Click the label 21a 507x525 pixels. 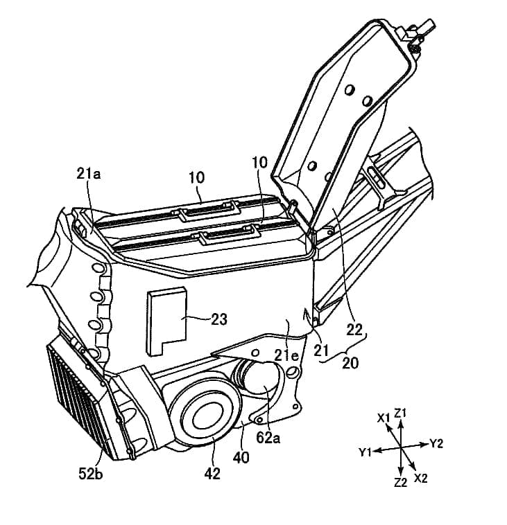[89, 174]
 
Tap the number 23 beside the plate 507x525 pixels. [218, 319]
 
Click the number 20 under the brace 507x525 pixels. [350, 362]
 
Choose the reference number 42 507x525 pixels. [212, 474]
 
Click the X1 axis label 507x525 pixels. [384, 417]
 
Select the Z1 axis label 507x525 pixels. [400, 413]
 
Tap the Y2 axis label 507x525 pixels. [436, 443]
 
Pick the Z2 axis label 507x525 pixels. [400, 482]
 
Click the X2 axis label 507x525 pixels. [420, 478]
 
